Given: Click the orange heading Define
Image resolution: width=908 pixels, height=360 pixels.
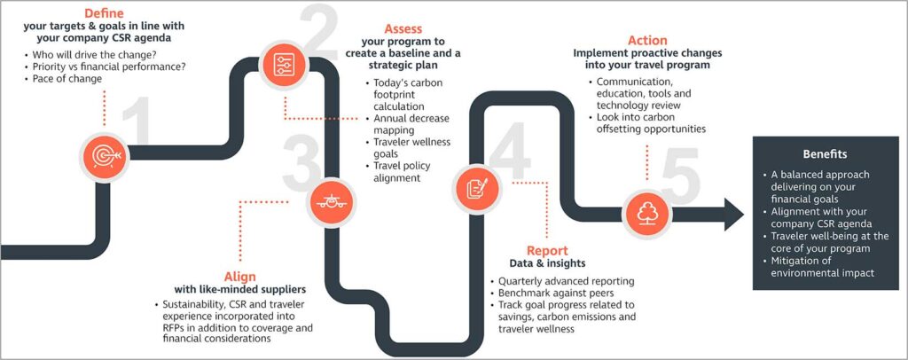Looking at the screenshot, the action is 105,12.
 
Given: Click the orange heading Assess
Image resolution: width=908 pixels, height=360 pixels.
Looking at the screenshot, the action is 403,28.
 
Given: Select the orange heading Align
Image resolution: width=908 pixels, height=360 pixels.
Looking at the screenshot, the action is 239,276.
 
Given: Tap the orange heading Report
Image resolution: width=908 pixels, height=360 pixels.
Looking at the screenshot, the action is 547,251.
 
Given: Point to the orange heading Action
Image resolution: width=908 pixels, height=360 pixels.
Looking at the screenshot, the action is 647,41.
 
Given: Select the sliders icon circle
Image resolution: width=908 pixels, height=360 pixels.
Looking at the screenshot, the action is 284,65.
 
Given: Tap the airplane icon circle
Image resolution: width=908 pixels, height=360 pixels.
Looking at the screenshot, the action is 332,202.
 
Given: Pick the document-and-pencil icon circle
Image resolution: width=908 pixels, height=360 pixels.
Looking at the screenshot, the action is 477,189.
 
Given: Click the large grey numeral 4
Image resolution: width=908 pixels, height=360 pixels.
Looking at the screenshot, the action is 510,154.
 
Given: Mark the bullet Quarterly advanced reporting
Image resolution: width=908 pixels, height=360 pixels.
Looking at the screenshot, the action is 562,281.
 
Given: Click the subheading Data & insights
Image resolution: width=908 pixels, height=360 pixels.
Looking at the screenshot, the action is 547,263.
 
